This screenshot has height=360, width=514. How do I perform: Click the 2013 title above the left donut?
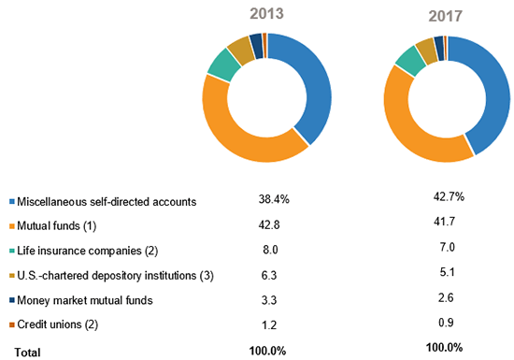[267, 16]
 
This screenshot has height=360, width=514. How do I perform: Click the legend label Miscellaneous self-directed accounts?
[107, 201]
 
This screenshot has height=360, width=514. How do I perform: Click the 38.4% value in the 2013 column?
[273, 198]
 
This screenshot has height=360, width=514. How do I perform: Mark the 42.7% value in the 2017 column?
[446, 196]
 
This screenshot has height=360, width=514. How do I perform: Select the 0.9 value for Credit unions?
[446, 323]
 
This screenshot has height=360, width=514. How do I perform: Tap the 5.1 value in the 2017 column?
[446, 274]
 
